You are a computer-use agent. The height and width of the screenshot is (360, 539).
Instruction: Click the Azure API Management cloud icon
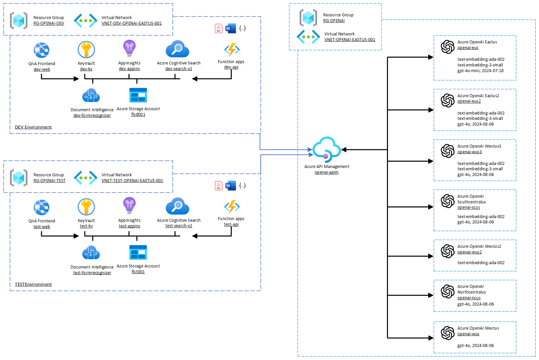coord(326,149)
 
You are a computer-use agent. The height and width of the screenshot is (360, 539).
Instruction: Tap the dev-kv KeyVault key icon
coord(86,49)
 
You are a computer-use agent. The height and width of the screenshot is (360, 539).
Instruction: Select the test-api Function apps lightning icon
coord(232,207)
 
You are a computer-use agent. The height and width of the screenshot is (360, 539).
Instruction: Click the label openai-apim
coord(326,172)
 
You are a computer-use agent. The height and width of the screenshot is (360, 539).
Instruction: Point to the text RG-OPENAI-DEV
coord(49,23)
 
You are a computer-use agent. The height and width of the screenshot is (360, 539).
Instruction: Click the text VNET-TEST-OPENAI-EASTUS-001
coord(132,181)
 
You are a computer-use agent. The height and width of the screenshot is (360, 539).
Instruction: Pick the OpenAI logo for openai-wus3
coord(447,151)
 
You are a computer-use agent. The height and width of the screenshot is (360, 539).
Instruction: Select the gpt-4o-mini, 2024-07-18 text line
coord(480,71)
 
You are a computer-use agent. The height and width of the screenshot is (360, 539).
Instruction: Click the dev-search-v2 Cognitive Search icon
coord(177,49)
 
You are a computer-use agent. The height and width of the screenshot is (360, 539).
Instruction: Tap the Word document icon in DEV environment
coord(231,28)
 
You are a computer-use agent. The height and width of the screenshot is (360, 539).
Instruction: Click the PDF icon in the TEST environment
coord(219,186)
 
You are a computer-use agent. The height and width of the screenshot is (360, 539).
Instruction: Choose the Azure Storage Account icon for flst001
coord(138,252)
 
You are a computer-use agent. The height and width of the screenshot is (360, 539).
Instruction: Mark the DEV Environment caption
coord(33,127)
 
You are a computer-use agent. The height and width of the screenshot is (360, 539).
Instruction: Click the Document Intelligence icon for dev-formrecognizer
coord(91,96)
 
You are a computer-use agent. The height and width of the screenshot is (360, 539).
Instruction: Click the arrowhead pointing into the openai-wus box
coord(431,338)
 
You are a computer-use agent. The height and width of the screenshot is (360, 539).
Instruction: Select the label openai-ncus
coord(469,298)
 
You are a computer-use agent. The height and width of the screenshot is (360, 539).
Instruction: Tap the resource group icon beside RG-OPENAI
coord(308,18)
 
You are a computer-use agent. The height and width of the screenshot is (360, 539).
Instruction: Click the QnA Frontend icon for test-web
coord(42,207)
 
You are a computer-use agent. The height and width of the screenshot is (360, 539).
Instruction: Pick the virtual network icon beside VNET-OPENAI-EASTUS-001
coord(308,37)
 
